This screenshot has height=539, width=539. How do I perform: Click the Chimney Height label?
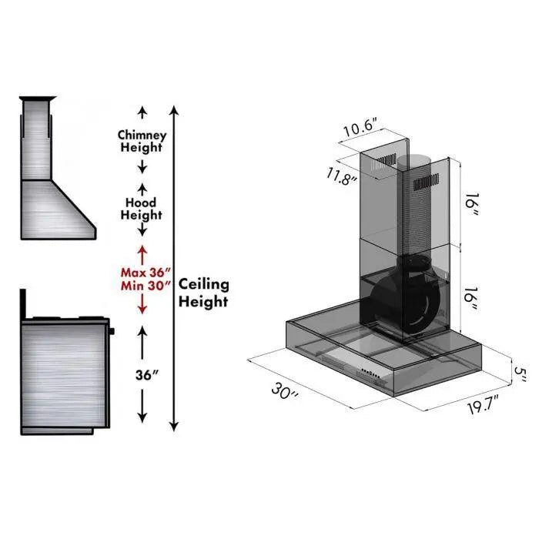click(x=142, y=141)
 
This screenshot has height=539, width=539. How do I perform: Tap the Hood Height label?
click(x=142, y=209)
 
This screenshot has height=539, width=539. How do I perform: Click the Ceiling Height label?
click(x=204, y=293)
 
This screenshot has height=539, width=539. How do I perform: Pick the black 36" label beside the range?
click(x=145, y=376)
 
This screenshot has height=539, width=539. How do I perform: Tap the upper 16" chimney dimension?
click(x=470, y=206)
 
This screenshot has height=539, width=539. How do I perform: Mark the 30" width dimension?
click(x=285, y=391)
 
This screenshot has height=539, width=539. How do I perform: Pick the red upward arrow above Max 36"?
click(x=142, y=253)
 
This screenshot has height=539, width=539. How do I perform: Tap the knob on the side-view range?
click(x=113, y=331)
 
